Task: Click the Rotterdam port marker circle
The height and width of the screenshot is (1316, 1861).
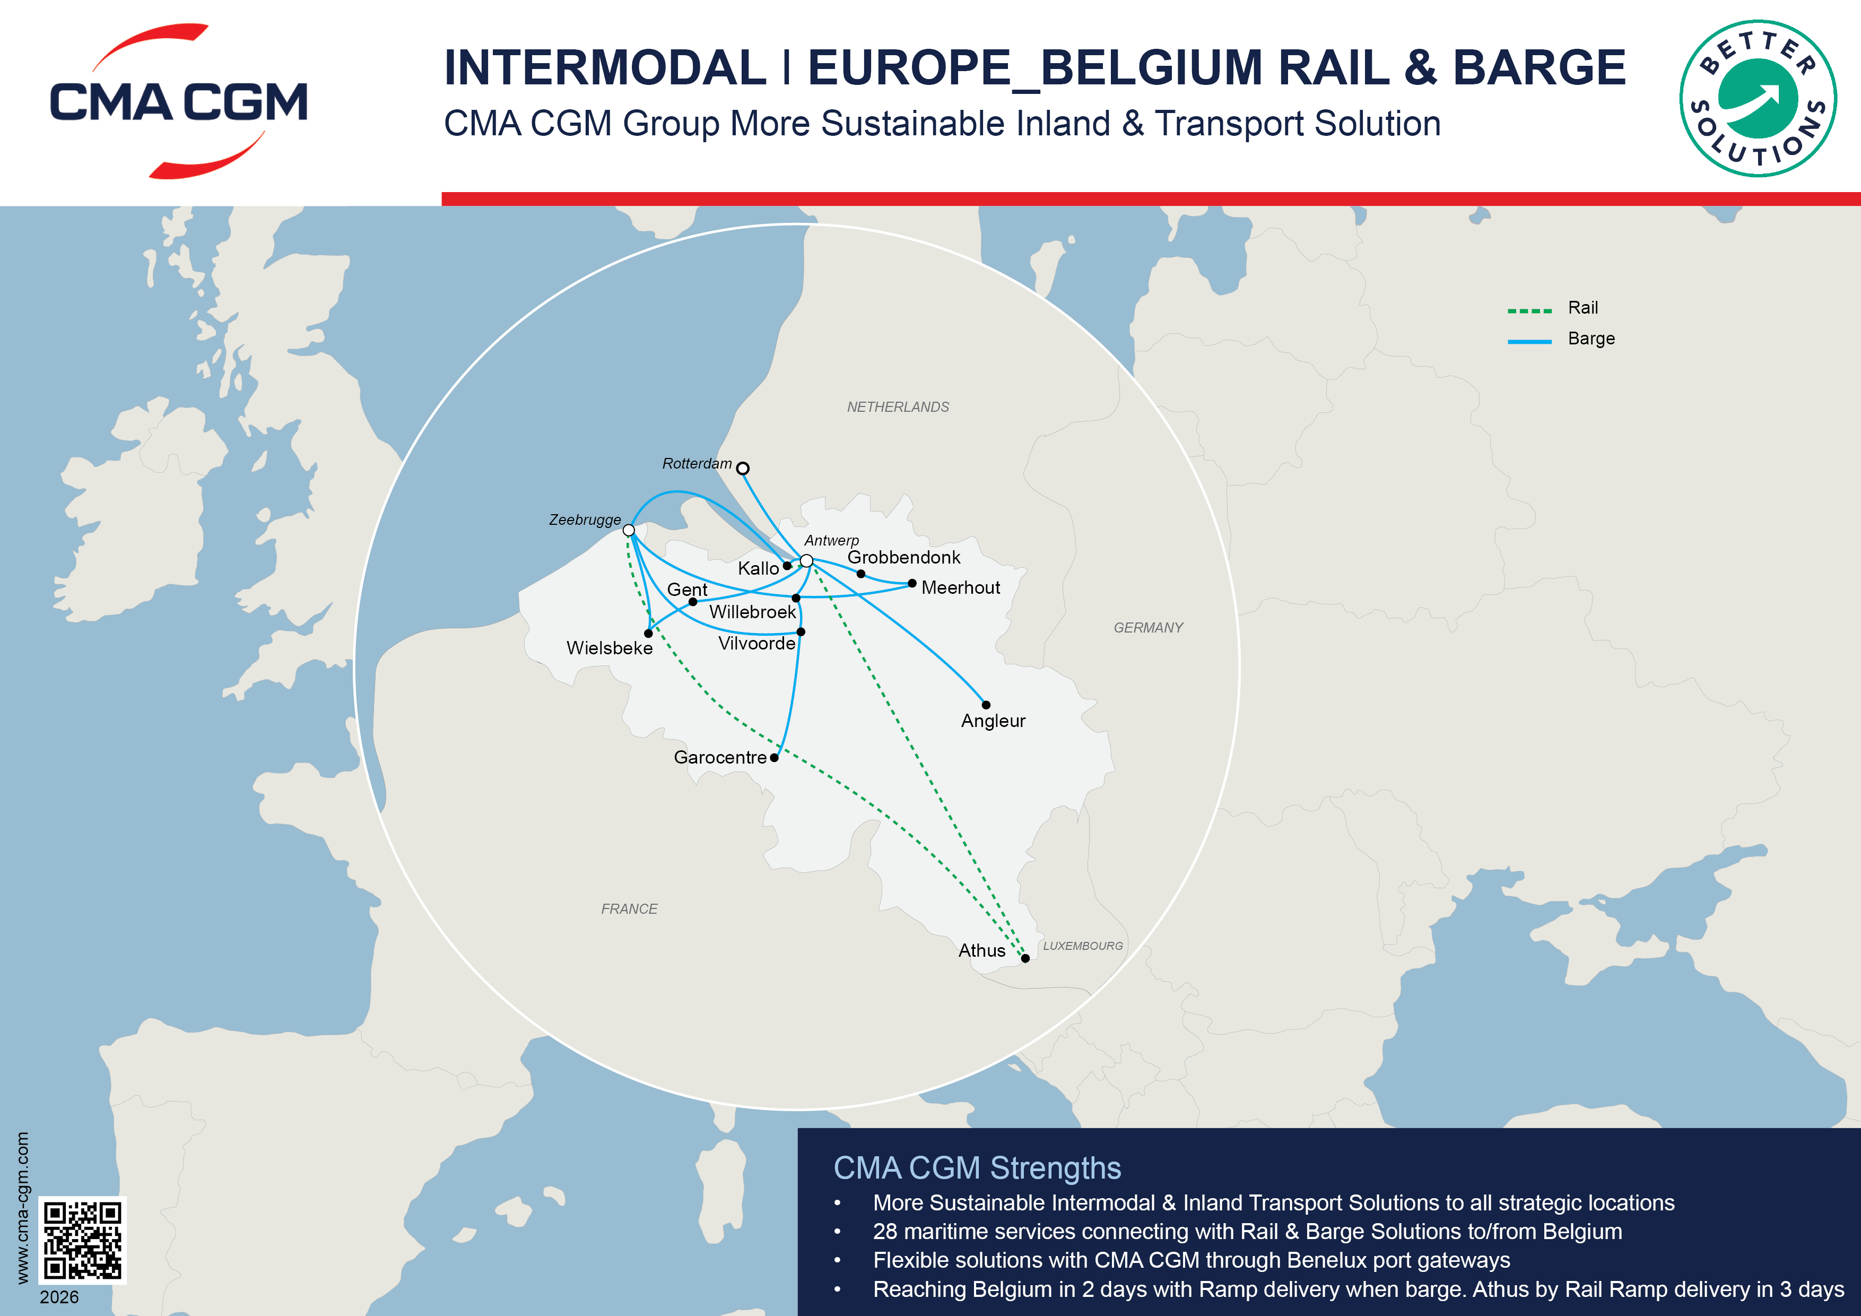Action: (743, 468)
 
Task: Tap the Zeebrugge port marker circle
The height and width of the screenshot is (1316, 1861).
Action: (629, 530)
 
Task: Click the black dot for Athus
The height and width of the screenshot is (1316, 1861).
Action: (1025, 958)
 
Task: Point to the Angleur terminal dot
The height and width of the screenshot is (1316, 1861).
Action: (986, 705)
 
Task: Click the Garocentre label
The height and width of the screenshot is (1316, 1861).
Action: (720, 757)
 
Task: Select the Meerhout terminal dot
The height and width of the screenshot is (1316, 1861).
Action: (912, 583)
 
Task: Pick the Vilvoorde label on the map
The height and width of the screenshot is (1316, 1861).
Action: (756, 643)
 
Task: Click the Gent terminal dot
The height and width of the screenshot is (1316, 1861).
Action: (692, 602)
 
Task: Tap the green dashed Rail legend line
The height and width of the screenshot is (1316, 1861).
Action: (1529, 310)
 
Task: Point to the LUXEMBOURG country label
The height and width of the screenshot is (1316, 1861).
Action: (1082, 946)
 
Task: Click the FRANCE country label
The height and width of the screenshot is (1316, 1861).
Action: (629, 909)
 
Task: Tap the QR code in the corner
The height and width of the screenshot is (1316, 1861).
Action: (83, 1240)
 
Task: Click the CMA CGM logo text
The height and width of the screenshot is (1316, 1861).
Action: (178, 102)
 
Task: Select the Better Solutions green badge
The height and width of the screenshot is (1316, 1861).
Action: (1757, 98)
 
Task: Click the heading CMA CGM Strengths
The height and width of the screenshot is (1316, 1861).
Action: (977, 1167)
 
